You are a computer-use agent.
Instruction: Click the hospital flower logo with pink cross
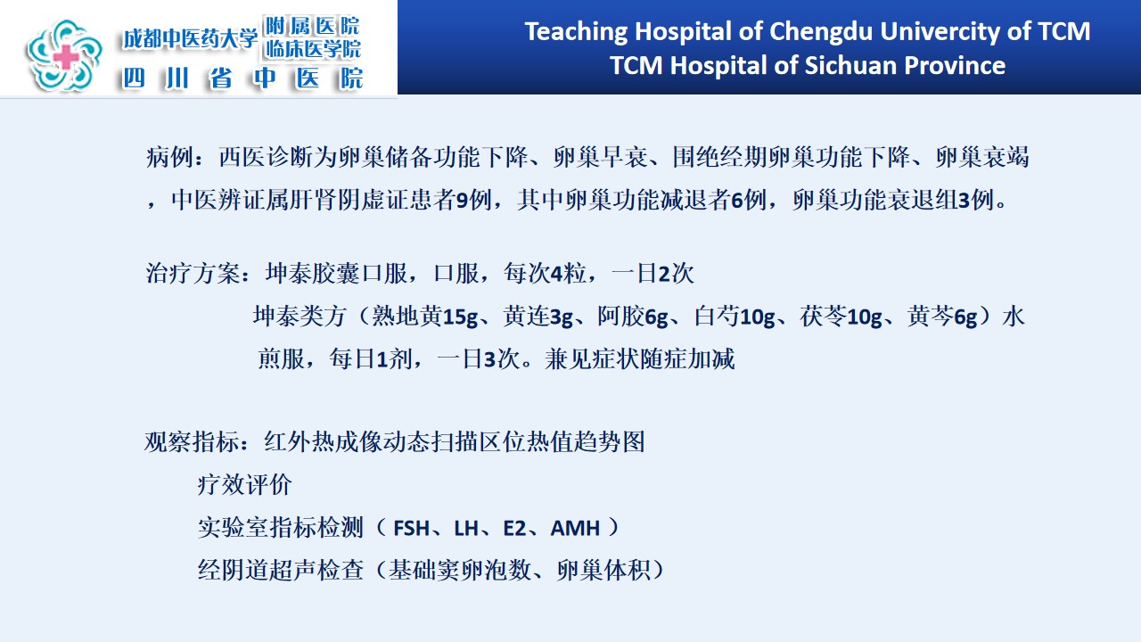pyautogui.click(x=65, y=55)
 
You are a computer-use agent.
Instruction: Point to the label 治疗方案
pyautogui.click(x=193, y=274)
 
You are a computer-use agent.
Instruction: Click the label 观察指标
pyautogui.click(x=193, y=441)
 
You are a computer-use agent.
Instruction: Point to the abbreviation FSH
pyautogui.click(x=412, y=529)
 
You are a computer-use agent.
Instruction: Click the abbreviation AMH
pyautogui.click(x=575, y=529)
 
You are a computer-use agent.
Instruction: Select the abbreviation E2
pyautogui.click(x=514, y=529)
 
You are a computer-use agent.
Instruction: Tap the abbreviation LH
pyautogui.click(x=466, y=529)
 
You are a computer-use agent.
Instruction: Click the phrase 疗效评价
pyautogui.click(x=244, y=484)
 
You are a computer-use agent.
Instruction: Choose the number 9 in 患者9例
pyautogui.click(x=462, y=201)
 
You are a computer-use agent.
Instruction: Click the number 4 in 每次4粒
pyautogui.click(x=556, y=274)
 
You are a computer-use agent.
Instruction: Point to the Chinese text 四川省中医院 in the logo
pyautogui.click(x=243, y=78)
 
